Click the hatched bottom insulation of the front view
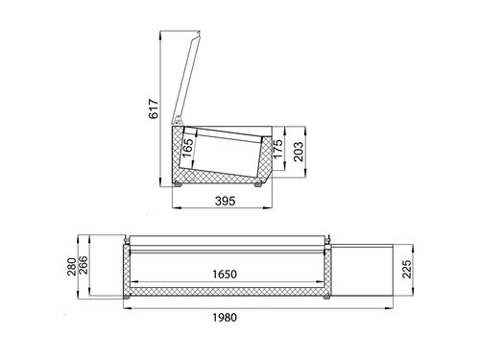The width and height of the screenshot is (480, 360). click(x=225, y=292)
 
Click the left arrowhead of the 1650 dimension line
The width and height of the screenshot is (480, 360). click(x=133, y=284)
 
